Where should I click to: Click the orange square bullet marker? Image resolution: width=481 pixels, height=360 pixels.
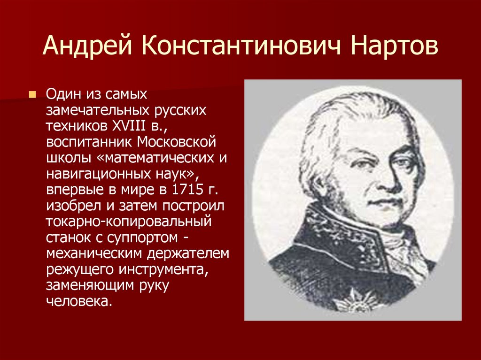point(32,95)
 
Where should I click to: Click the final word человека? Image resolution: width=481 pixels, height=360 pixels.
point(79,301)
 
